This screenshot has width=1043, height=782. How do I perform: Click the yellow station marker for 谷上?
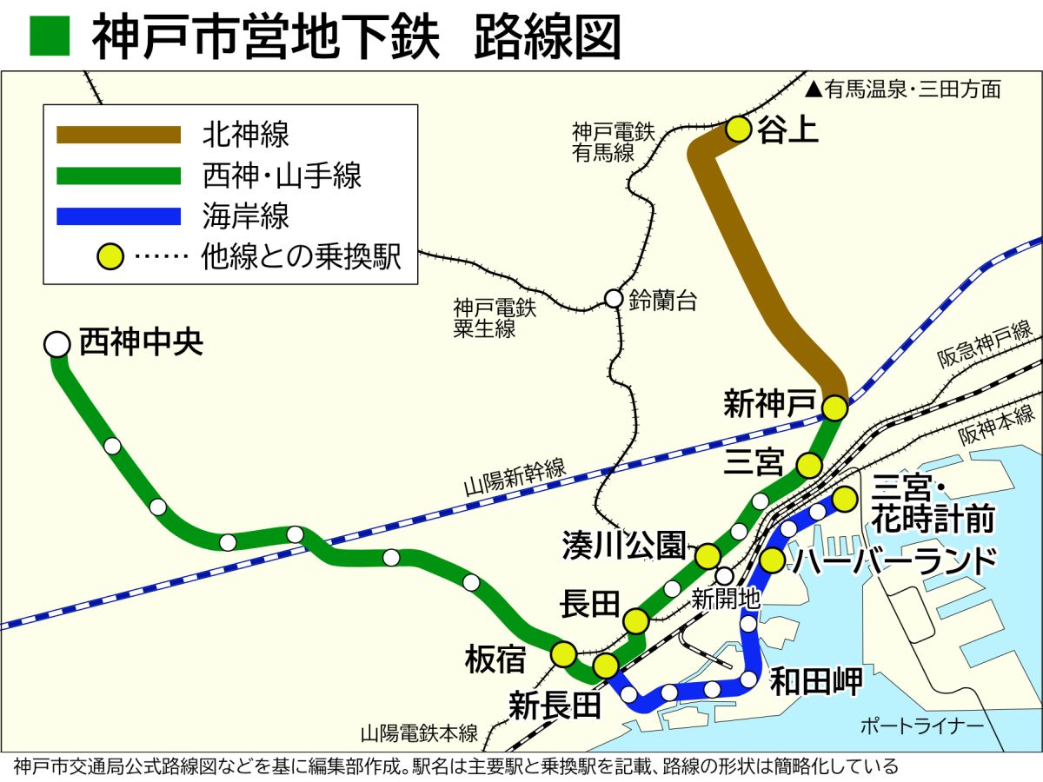coord(738,129)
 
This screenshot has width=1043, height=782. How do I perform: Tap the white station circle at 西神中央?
coord(57,344)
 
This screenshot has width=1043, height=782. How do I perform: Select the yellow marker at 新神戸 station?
coord(834,407)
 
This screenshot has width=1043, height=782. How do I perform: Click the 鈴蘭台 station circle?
coord(614,299)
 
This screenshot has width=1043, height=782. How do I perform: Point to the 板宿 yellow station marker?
coord(564,653)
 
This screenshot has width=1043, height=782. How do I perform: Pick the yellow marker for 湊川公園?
coord(708,556)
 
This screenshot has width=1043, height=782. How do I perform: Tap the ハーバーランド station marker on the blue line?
coord(772,560)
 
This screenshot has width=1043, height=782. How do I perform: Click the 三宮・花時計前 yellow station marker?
coord(844,500)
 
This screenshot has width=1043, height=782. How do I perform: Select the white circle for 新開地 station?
coord(725,575)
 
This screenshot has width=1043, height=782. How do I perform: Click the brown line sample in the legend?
coord(118,135)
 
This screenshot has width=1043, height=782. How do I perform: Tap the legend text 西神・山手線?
coord(282,176)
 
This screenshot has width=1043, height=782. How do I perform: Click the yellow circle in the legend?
coord(111,258)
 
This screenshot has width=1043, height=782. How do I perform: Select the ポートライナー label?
coord(920,726)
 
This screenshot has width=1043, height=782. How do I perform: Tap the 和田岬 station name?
coord(816,680)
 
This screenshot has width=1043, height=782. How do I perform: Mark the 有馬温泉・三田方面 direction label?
coord(903,89)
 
